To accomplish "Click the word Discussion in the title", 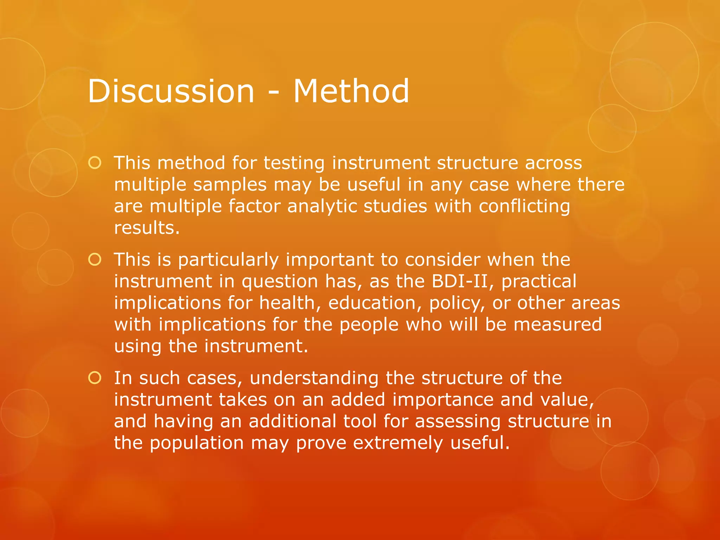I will [171, 91].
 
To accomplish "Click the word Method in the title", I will [351, 91].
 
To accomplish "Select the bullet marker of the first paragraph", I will [95, 163].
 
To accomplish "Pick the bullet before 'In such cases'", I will [95, 378].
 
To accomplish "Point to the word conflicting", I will [524, 206].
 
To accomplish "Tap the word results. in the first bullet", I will [147, 228].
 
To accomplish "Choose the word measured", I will [558, 324].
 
